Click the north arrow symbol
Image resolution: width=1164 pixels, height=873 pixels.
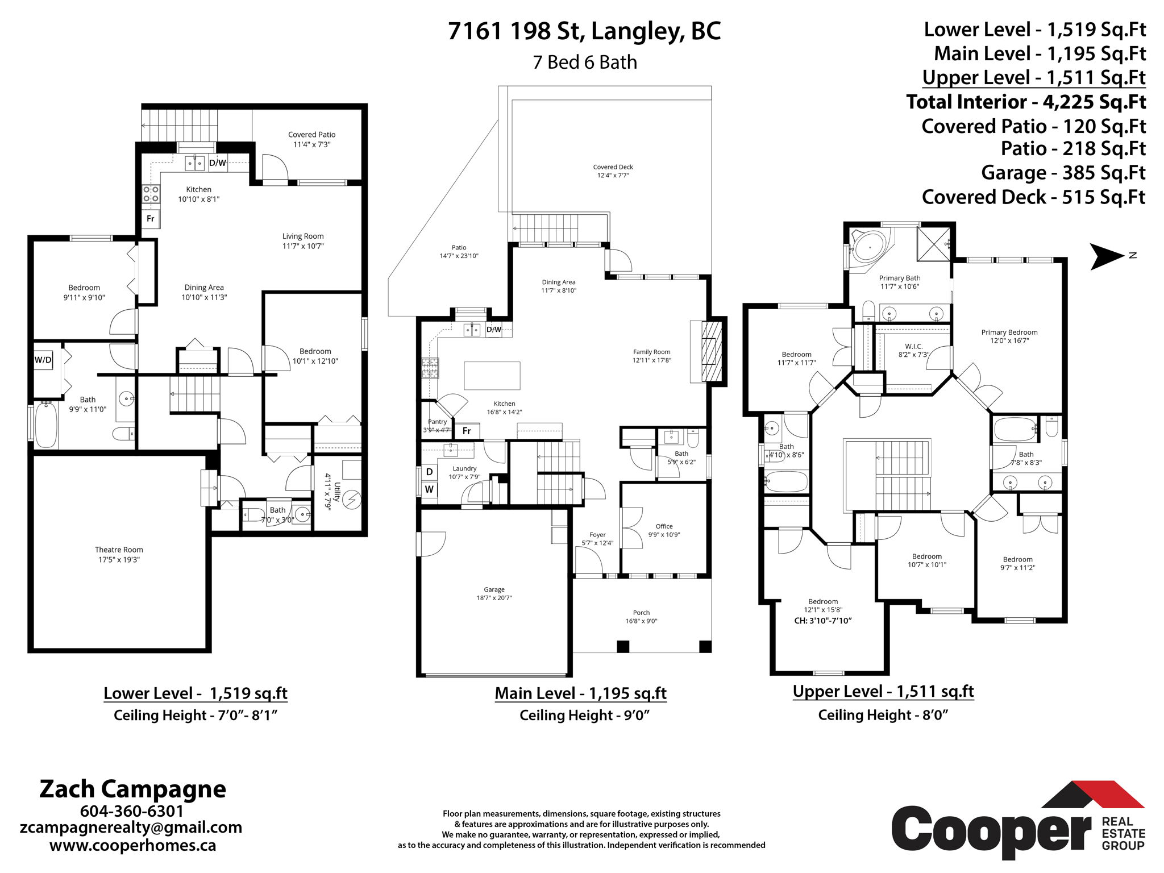(1105, 256)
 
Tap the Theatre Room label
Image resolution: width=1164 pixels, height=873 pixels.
(119, 550)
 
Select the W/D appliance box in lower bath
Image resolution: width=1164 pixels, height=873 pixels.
(43, 360)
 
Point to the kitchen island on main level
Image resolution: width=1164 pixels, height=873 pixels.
(492, 375)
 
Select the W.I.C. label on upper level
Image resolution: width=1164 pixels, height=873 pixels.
(913, 346)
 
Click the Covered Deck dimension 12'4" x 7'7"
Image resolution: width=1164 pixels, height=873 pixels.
(613, 176)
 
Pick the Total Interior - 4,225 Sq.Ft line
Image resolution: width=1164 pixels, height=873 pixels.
(1025, 102)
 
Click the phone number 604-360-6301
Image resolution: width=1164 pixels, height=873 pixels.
(132, 810)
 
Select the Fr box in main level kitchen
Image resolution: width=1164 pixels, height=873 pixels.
(466, 431)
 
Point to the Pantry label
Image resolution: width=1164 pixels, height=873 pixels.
(437, 422)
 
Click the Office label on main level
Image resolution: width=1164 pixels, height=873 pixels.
(664, 526)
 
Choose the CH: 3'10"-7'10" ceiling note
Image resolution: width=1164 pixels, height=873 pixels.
(822, 621)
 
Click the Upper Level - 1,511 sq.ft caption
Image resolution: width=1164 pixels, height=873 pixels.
(883, 692)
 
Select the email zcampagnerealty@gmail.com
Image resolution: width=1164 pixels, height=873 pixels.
(131, 828)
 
